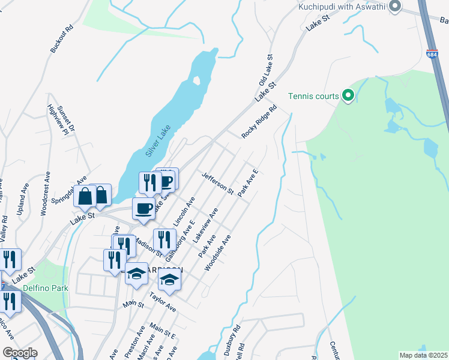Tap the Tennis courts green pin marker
coord(347,95)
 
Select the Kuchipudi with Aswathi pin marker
coord(395,7)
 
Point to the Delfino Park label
coord(45,288)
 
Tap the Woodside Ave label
coord(218,253)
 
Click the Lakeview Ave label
coord(205,226)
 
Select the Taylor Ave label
coord(163,302)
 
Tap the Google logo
coord(20,352)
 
